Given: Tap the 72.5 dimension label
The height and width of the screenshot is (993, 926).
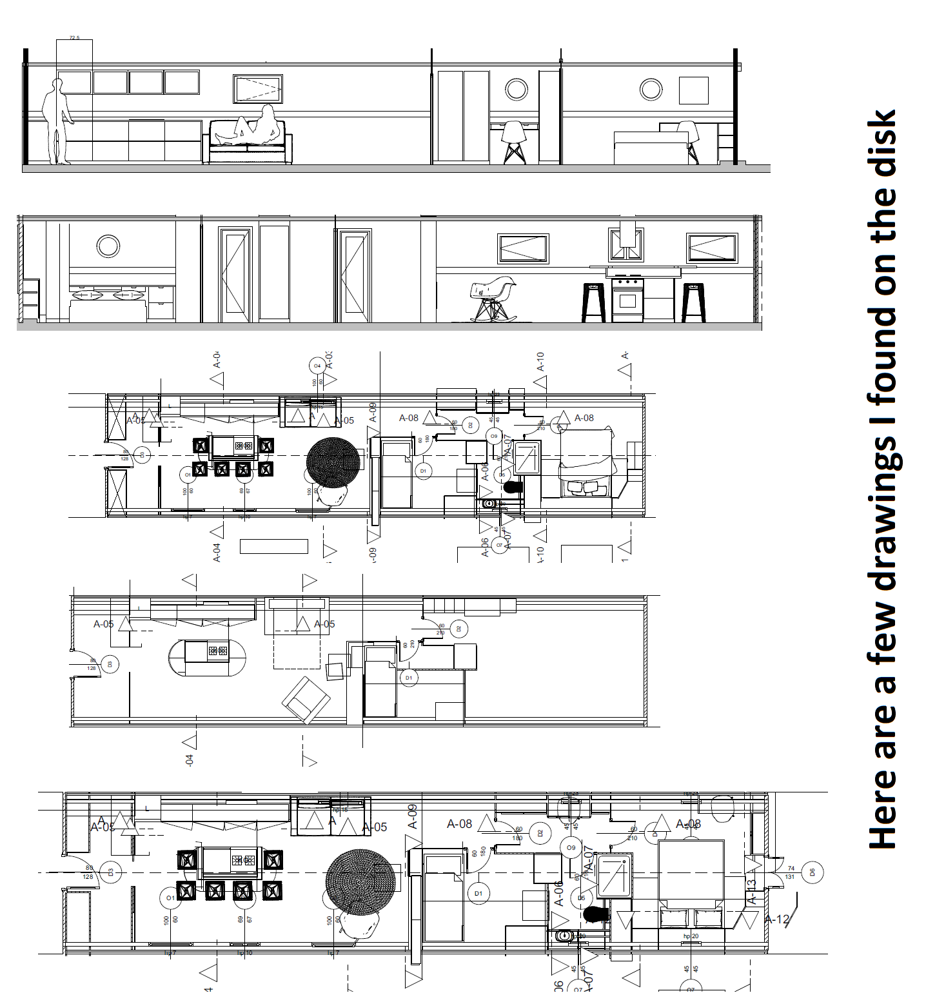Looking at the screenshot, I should pyautogui.click(x=74, y=38).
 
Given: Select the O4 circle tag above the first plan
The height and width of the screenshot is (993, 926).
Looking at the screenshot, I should pyautogui.click(x=317, y=366).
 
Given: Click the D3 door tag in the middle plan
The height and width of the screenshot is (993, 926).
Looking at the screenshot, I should pyautogui.click(x=110, y=664).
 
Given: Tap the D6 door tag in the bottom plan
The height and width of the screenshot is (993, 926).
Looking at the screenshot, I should pyautogui.click(x=813, y=872).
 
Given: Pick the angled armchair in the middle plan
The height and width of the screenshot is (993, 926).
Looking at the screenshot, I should pyautogui.click(x=306, y=699).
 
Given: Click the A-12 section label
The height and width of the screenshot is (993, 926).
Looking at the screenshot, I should pyautogui.click(x=778, y=919).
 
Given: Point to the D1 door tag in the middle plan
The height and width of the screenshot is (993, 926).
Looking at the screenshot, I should pyautogui.click(x=409, y=678).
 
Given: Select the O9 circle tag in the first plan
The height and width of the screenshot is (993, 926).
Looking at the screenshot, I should pyautogui.click(x=494, y=437).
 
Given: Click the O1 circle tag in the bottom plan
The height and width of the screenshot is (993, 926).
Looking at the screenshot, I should pyautogui.click(x=170, y=898).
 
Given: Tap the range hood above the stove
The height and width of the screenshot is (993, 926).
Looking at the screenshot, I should pyautogui.click(x=627, y=239).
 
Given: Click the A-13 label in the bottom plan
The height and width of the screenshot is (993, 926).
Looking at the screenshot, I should pyautogui.click(x=751, y=891).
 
